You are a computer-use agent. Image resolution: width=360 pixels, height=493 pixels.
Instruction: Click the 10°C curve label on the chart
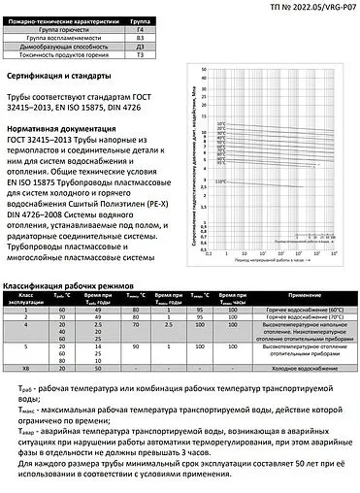click(221, 123)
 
